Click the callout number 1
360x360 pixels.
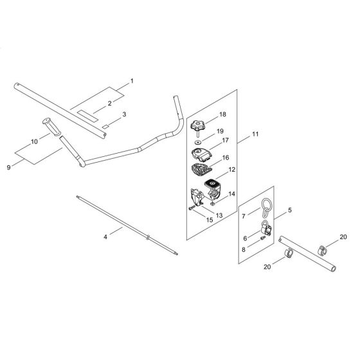(132, 81)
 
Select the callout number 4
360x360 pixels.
(105, 237)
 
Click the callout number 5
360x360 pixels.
(289, 210)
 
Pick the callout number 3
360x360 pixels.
(125, 114)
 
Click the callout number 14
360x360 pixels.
(232, 194)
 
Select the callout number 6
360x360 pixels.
(244, 238)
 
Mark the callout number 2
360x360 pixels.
(110, 103)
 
